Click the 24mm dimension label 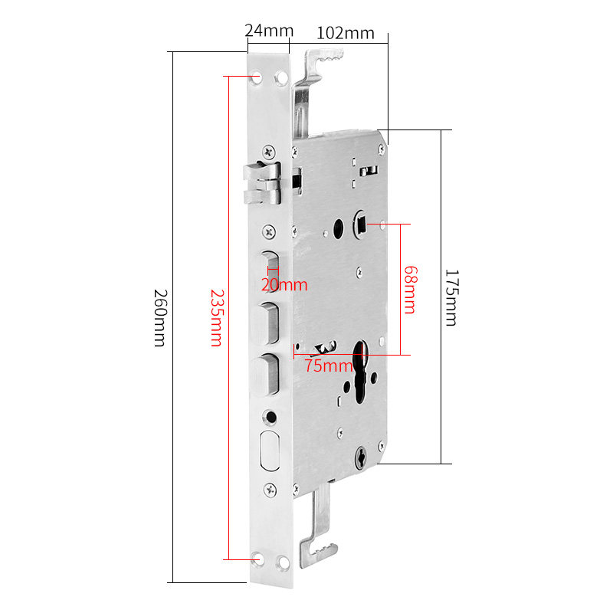click(269, 31)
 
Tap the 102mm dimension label click(345, 33)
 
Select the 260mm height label click(159, 317)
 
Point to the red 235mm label click(217, 317)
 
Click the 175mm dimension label click(451, 297)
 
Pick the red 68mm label click(411, 290)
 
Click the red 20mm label click(284, 285)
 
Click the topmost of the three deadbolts click(267, 269)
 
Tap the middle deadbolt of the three click(268, 322)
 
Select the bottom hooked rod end click(320, 548)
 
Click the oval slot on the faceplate click(270, 451)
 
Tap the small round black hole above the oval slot click(269, 417)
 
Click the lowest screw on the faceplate click(269, 489)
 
